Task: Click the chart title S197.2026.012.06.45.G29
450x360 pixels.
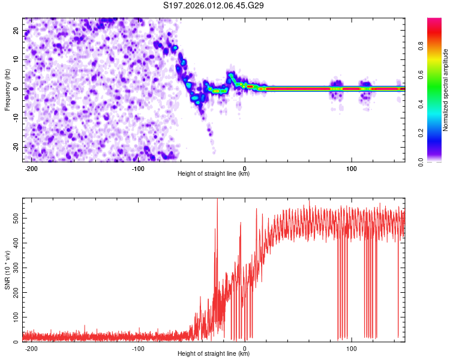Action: tap(214, 6)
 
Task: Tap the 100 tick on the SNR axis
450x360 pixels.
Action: tap(14, 316)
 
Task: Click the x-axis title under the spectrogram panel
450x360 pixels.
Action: tap(214, 174)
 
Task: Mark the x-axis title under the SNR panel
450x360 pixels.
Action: tap(214, 354)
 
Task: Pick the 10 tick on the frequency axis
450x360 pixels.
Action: tap(17, 60)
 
